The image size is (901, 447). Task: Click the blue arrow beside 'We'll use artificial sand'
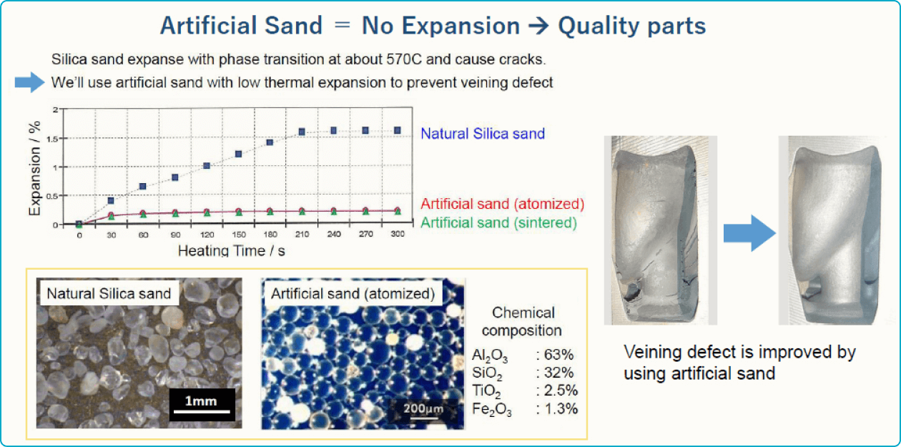[29, 83]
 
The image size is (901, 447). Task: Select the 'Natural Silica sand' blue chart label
[483, 134]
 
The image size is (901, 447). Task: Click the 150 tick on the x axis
[238, 235]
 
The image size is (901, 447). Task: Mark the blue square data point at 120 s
[207, 166]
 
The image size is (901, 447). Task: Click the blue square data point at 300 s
[397, 130]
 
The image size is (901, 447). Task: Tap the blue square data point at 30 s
[111, 201]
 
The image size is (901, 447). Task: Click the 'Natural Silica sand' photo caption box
[109, 293]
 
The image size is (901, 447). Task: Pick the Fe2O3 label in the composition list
[491, 410]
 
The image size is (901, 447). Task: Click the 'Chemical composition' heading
[523, 322]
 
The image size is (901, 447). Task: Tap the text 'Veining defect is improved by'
[739, 353]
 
